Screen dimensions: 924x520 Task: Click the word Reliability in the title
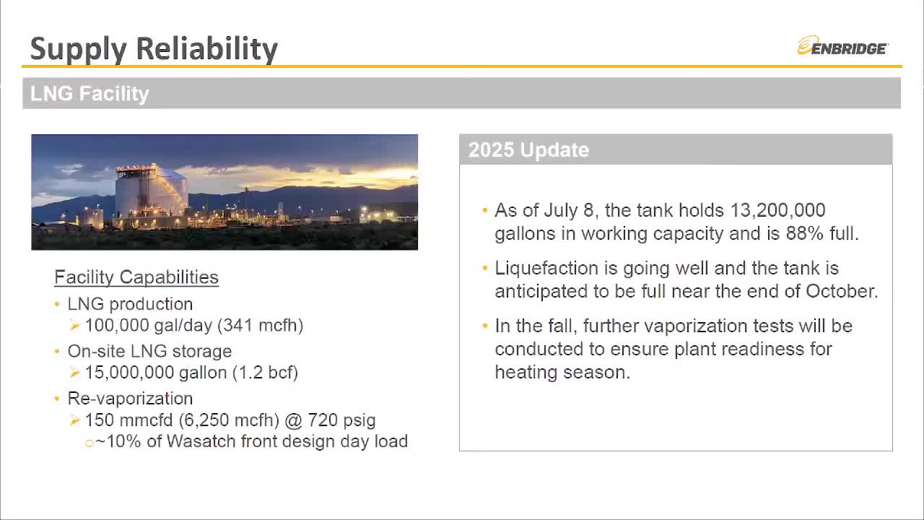tap(206, 48)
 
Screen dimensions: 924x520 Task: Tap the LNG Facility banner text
tap(90, 93)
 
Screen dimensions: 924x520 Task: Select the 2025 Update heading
tap(529, 149)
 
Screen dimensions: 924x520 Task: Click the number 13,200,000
tap(777, 210)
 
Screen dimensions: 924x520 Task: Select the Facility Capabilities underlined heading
tap(136, 277)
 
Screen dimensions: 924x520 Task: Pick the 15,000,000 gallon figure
tap(156, 373)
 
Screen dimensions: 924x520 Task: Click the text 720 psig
tap(341, 420)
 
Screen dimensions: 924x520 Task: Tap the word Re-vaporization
tap(131, 399)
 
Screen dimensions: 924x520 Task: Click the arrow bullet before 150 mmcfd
tap(74, 420)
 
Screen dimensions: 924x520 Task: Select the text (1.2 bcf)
tap(265, 373)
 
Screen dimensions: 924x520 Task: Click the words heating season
tap(562, 372)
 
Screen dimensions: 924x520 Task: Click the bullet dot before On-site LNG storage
tap(57, 352)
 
